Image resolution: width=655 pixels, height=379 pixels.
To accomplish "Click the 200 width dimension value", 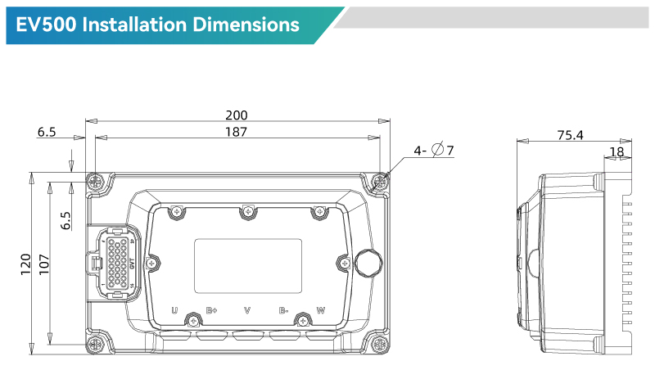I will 236,115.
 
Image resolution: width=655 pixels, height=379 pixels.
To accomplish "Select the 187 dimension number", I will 236,131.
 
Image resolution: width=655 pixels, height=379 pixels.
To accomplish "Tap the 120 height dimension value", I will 25,262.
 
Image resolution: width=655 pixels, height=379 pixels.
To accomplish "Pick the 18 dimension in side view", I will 617,151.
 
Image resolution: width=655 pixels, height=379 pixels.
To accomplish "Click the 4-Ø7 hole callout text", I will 433,150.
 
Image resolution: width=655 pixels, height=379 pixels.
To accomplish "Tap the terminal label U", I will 174,310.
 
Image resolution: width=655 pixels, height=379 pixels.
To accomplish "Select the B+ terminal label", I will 212,310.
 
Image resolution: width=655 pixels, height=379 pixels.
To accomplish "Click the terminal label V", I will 248,310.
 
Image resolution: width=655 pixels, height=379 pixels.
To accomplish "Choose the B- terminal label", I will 284,310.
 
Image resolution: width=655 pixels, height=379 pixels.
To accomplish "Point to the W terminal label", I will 321,310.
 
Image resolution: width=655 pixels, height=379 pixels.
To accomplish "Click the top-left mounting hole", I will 97,183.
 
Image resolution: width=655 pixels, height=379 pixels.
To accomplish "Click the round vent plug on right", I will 368,262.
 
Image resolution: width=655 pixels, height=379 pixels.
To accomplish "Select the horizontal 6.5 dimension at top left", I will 47,131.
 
